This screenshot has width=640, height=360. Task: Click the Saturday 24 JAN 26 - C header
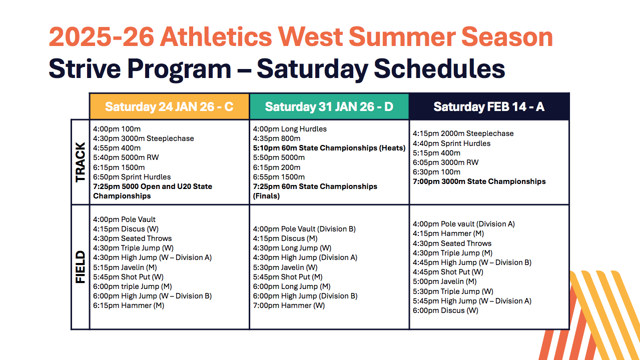click(169, 107)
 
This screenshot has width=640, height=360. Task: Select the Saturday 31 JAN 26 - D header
click(329, 107)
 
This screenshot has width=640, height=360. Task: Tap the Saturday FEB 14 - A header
click(489, 107)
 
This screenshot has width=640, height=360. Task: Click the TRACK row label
click(80, 162)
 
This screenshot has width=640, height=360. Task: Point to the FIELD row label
click(80, 267)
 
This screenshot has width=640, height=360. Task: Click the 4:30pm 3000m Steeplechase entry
click(144, 138)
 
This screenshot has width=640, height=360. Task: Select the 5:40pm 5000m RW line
click(126, 157)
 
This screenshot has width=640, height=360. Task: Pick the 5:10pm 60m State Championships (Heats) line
click(329, 148)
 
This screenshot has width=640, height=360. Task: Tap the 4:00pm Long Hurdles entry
click(290, 129)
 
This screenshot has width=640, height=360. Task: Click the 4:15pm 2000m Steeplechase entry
click(463, 133)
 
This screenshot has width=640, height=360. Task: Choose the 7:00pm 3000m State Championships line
click(479, 181)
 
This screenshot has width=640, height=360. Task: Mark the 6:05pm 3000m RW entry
click(445, 162)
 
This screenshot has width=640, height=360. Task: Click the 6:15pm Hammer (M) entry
click(129, 305)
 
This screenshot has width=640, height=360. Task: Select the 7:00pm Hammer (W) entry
click(289, 305)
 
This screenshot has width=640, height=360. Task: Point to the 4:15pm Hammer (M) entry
click(448, 233)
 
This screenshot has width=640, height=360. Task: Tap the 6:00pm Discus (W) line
click(445, 310)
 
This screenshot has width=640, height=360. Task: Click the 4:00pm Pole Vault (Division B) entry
click(304, 229)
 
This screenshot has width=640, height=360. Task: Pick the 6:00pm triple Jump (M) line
click(132, 286)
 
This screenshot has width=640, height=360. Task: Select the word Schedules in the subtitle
click(439, 68)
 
